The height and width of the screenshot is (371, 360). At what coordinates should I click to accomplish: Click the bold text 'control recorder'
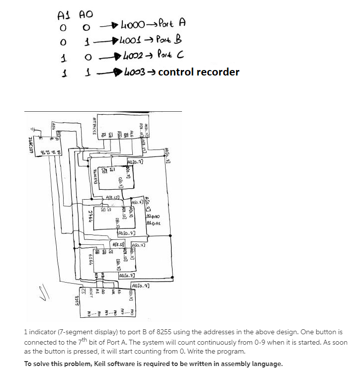(x=198, y=72)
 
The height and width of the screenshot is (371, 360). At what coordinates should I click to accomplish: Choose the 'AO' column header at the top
(x=86, y=15)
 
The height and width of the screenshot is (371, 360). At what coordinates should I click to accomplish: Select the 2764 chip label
(x=90, y=217)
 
